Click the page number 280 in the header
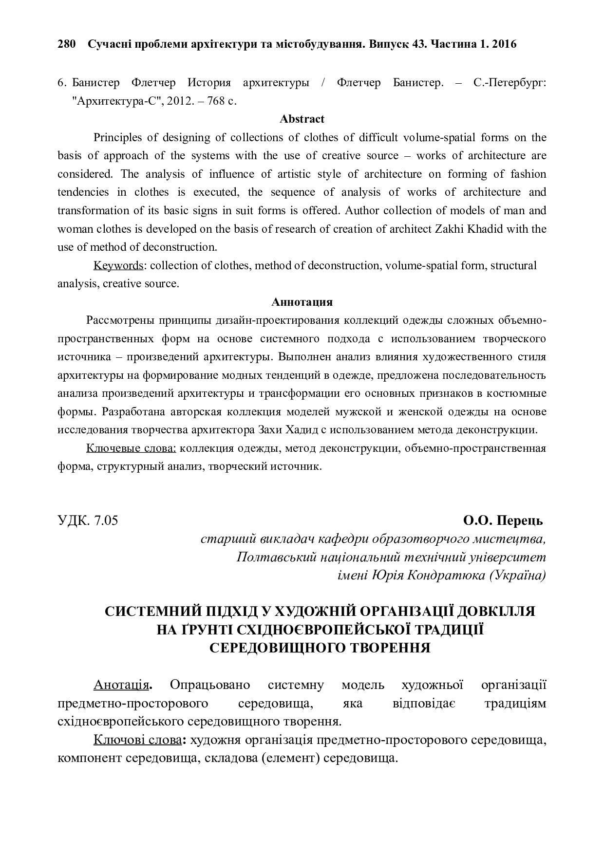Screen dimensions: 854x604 (x=67, y=44)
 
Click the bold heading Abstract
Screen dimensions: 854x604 (x=302, y=119)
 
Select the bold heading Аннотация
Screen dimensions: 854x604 (x=302, y=302)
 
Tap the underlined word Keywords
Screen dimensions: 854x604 (x=118, y=265)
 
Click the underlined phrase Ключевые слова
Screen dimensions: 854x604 (x=131, y=448)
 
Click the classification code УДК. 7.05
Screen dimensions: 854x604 (x=88, y=520)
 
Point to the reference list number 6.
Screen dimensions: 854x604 (x=61, y=83)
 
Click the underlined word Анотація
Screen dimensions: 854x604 (x=121, y=685)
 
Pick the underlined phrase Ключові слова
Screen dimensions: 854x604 (x=137, y=741)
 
